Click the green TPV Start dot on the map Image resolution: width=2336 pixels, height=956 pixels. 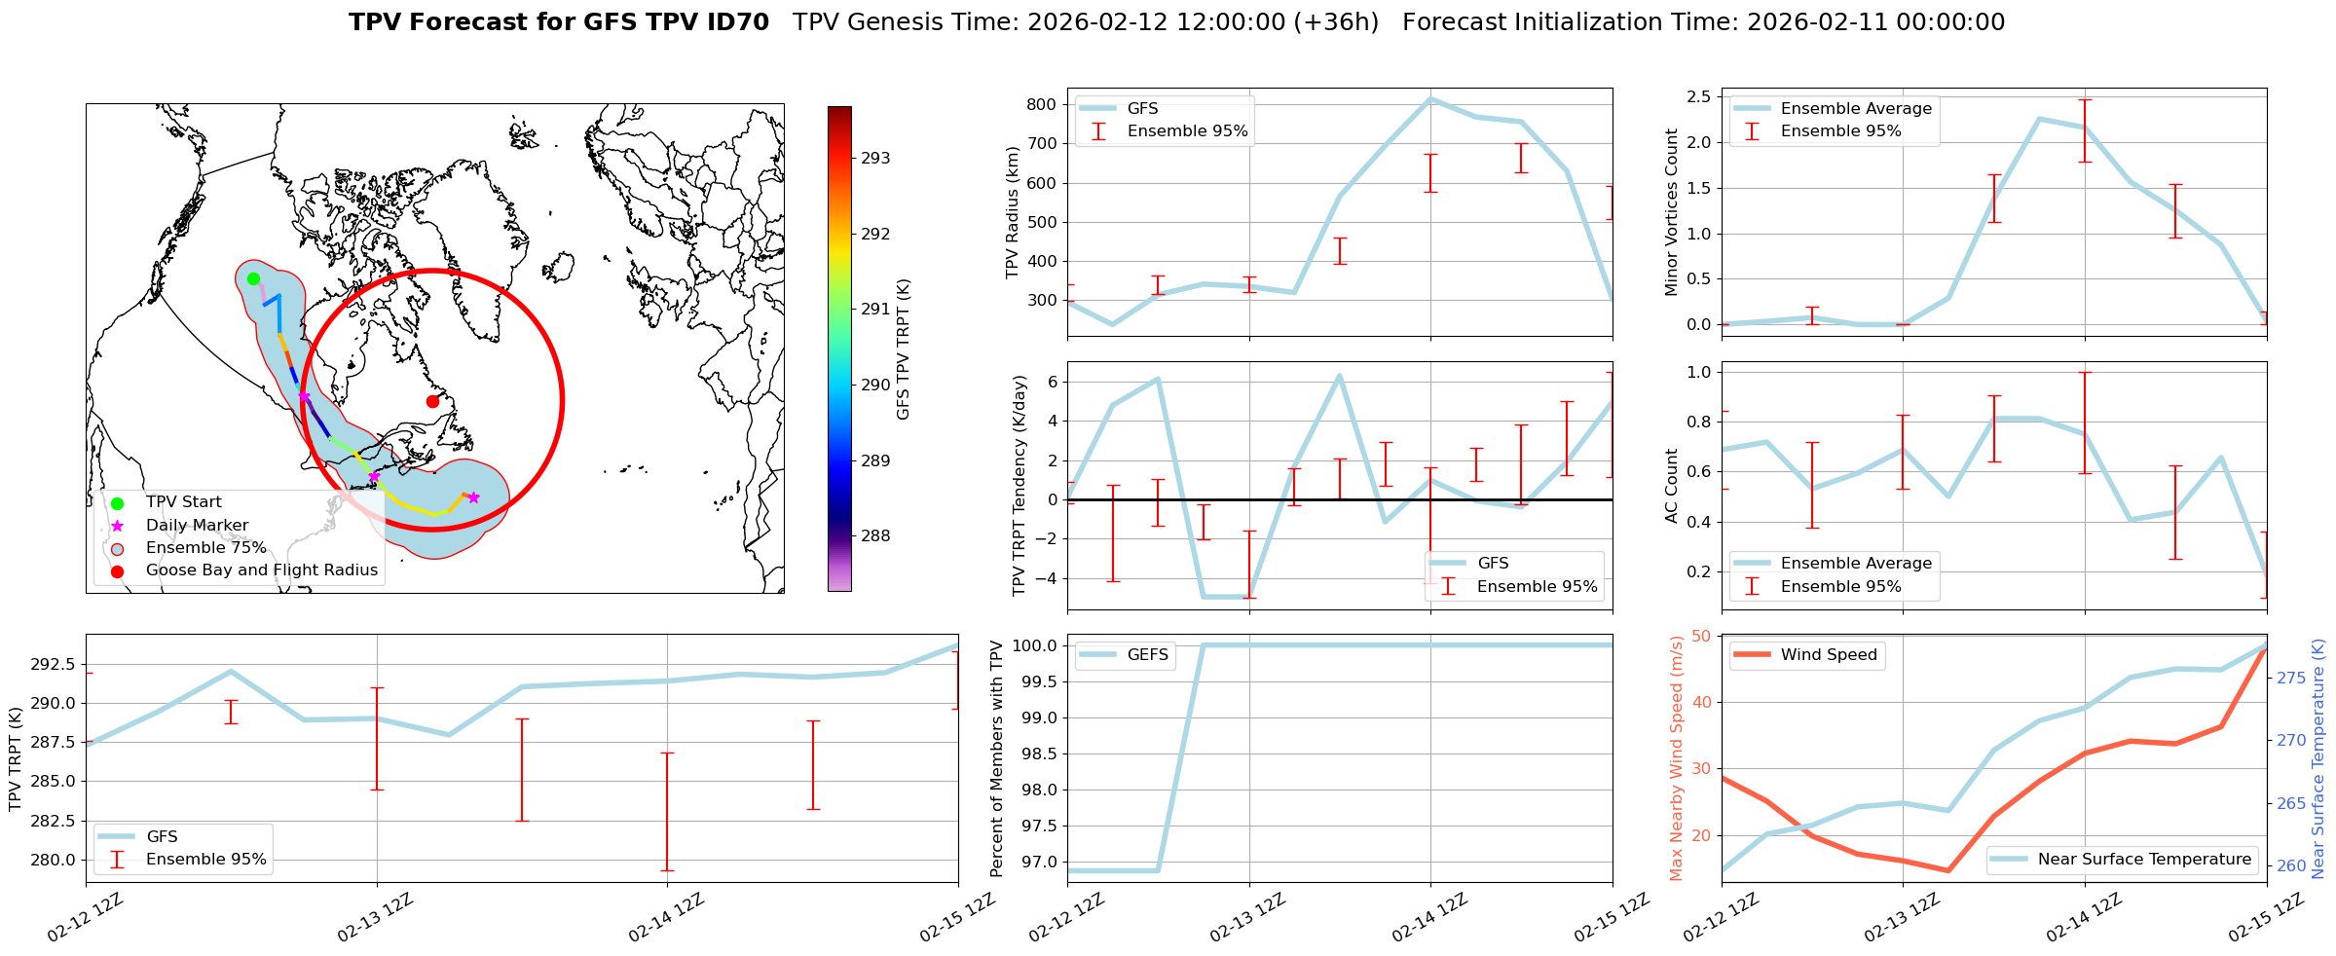(x=253, y=278)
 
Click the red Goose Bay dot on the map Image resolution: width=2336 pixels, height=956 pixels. (x=432, y=401)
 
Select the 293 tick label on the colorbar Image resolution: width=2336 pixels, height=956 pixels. (x=875, y=158)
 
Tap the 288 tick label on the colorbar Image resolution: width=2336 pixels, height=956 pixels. (x=875, y=535)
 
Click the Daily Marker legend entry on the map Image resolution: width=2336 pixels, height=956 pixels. (x=197, y=525)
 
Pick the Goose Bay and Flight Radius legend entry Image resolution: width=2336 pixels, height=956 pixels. (x=261, y=570)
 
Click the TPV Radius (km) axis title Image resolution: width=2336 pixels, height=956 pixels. (x=1013, y=212)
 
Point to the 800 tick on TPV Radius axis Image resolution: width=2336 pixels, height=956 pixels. (x=1042, y=105)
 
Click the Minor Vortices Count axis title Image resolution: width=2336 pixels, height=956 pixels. (x=1672, y=212)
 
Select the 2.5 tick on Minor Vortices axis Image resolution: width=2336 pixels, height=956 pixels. (x=1698, y=96)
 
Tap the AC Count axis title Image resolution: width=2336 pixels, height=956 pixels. (x=1672, y=486)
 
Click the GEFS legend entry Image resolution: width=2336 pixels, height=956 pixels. (x=1147, y=654)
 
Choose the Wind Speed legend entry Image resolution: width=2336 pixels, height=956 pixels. (x=1828, y=654)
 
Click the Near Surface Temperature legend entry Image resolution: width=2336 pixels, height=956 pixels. (x=2144, y=859)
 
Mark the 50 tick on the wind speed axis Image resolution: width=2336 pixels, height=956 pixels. (x=1701, y=636)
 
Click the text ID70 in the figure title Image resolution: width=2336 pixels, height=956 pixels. (x=734, y=22)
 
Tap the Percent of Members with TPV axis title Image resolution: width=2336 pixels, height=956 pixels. (x=997, y=758)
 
